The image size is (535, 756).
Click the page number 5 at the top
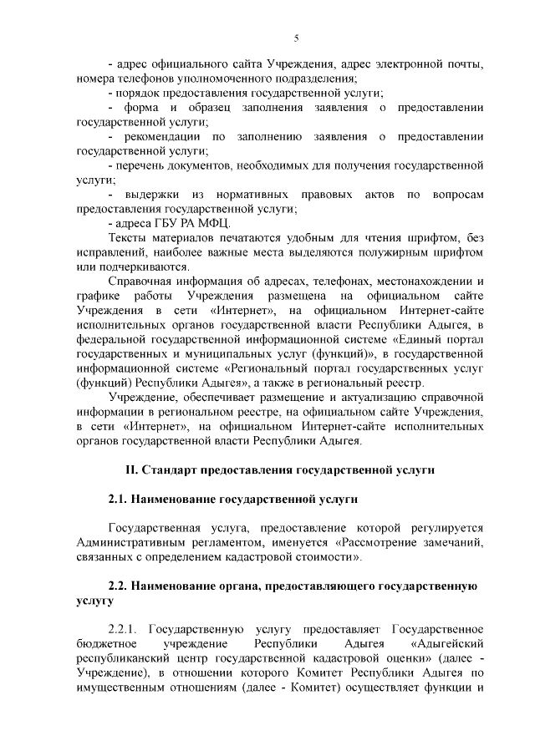point(296,38)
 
